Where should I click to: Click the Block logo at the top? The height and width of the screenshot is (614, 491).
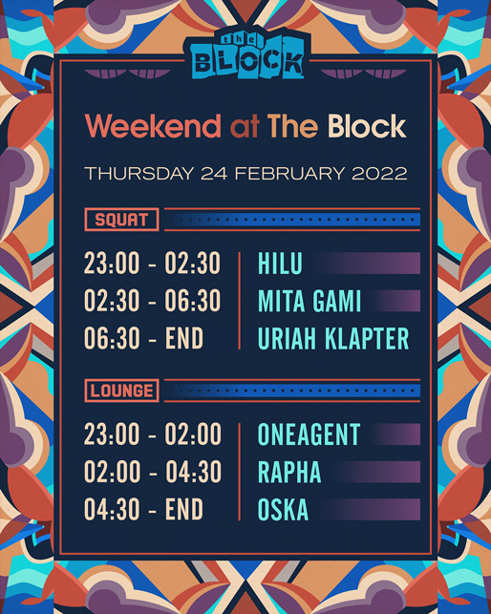[246, 54]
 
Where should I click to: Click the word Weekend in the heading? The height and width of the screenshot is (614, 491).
[153, 126]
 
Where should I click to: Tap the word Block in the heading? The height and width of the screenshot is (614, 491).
[367, 126]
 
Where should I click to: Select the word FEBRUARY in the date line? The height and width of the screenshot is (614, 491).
[289, 174]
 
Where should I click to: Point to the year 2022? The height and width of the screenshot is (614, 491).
[379, 174]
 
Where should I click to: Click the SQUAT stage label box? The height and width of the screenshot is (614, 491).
[121, 220]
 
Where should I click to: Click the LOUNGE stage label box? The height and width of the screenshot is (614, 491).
[121, 391]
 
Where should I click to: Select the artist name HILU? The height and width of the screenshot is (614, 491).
[280, 264]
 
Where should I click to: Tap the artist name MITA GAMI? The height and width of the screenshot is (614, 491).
[310, 301]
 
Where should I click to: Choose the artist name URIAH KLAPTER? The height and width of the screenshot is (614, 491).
[333, 338]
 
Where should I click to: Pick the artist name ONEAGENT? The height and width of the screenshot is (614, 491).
[309, 434]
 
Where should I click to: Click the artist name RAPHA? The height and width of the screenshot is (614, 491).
[289, 472]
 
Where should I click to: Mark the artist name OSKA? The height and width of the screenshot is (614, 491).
[283, 510]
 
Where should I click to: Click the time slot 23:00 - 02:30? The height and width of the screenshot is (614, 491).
[153, 264]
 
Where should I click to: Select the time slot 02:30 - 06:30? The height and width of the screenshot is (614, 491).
[153, 301]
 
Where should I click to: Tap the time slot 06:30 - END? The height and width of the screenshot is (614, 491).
[144, 338]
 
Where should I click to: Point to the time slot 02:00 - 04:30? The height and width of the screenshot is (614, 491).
[153, 472]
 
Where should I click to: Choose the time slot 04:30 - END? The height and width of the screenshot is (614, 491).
[144, 510]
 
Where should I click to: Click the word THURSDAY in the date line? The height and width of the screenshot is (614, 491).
[139, 174]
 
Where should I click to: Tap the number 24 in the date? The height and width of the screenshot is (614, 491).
[214, 174]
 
